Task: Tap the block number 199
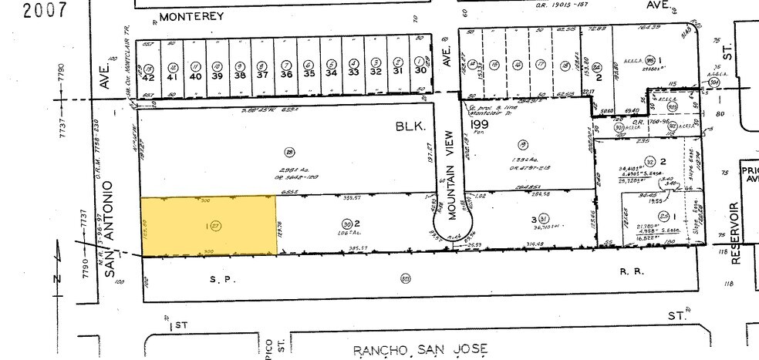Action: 481,125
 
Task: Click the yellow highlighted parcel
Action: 208,225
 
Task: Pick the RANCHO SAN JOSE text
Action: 420,351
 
